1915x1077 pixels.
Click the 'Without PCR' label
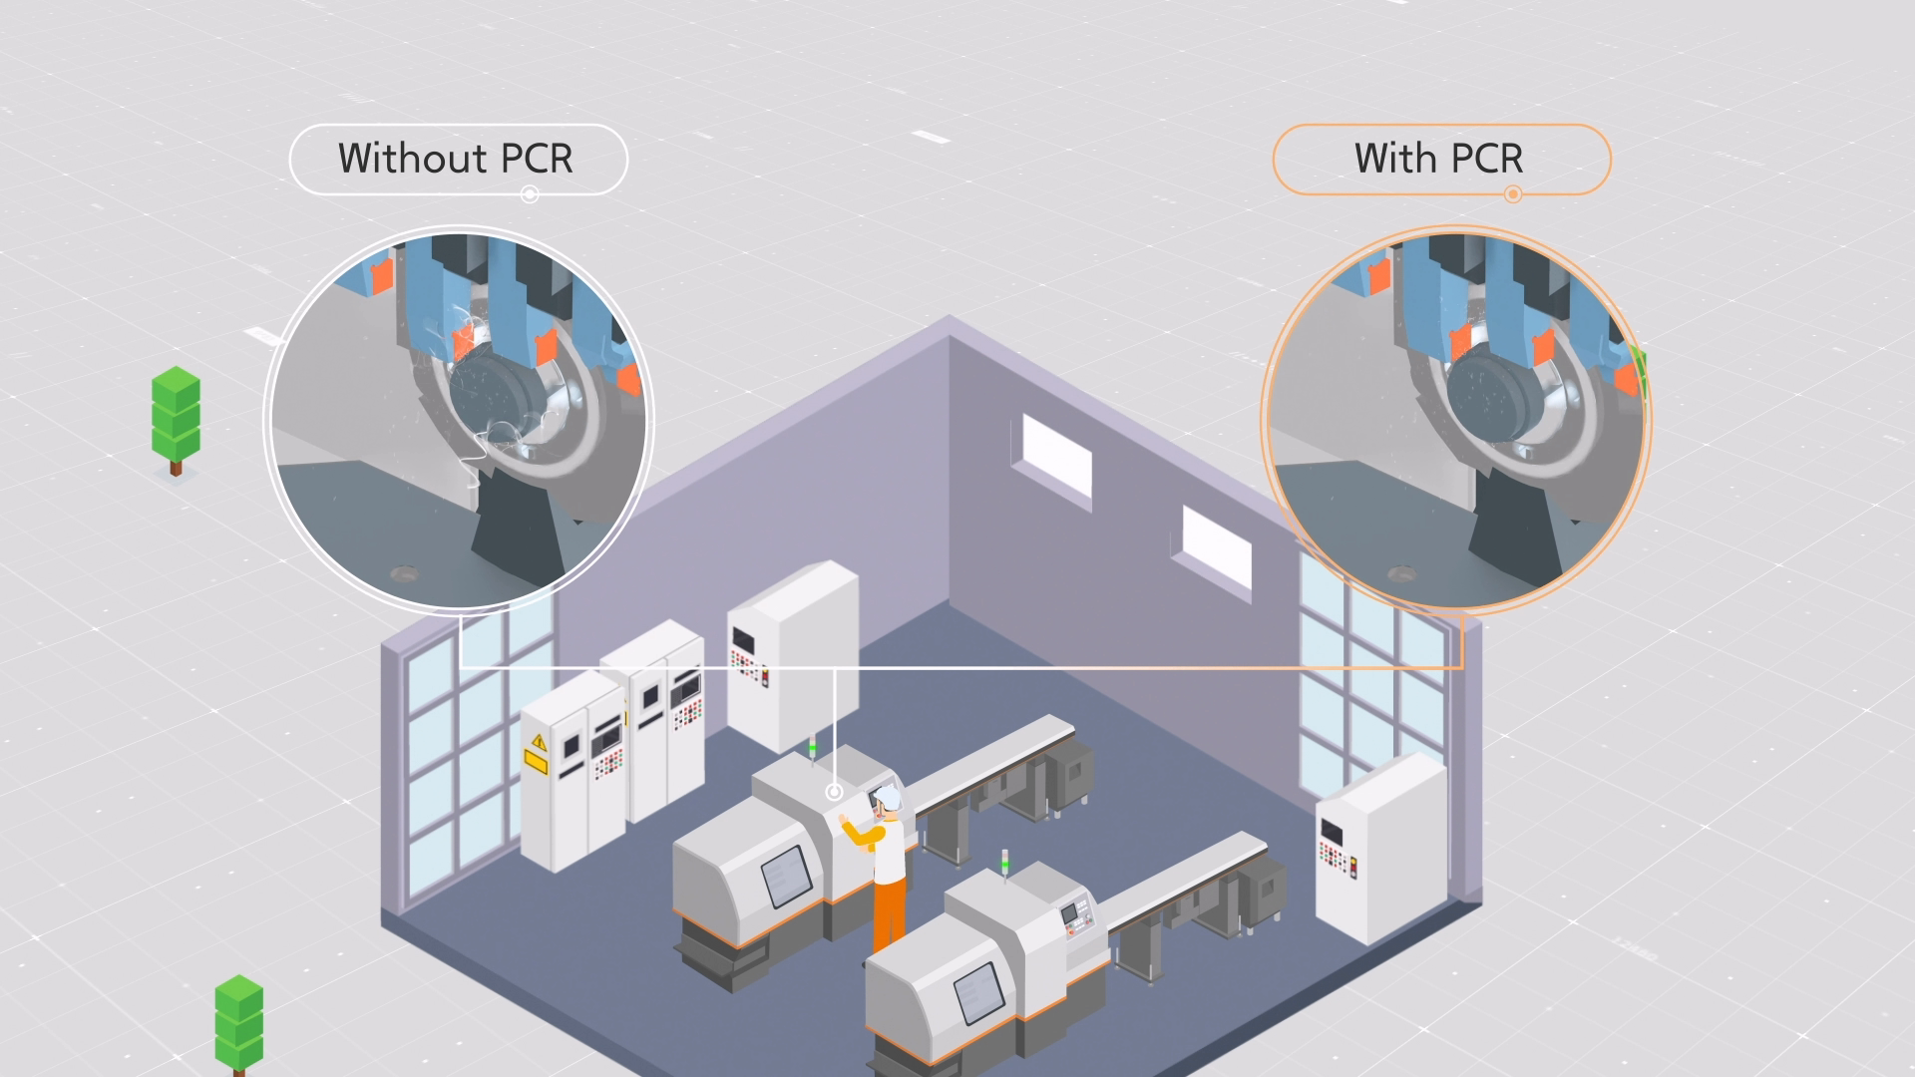coord(456,159)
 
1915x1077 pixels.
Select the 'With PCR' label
coord(1438,159)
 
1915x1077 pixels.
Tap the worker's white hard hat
coord(889,797)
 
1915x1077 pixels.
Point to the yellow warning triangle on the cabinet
coord(539,742)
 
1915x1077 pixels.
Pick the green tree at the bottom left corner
coord(239,1022)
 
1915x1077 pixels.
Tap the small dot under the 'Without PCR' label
coord(530,193)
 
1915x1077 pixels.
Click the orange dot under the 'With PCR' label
coord(1513,193)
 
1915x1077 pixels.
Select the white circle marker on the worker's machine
coord(834,792)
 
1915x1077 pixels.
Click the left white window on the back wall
coord(1057,463)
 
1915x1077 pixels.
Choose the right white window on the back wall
coord(1217,551)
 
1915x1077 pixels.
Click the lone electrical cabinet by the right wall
coord(1380,848)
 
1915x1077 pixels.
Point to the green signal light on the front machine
coord(1004,857)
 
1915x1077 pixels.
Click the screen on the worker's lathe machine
coord(784,877)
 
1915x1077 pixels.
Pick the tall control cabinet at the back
coord(792,653)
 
